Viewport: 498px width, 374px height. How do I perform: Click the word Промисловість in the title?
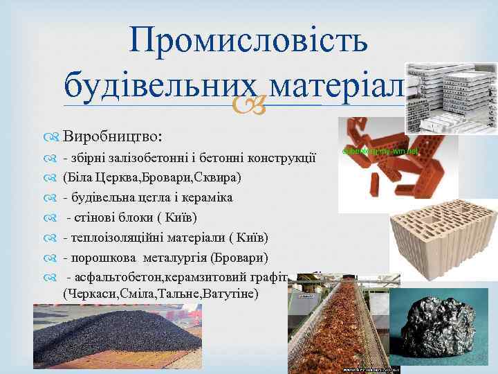tap(248, 42)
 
